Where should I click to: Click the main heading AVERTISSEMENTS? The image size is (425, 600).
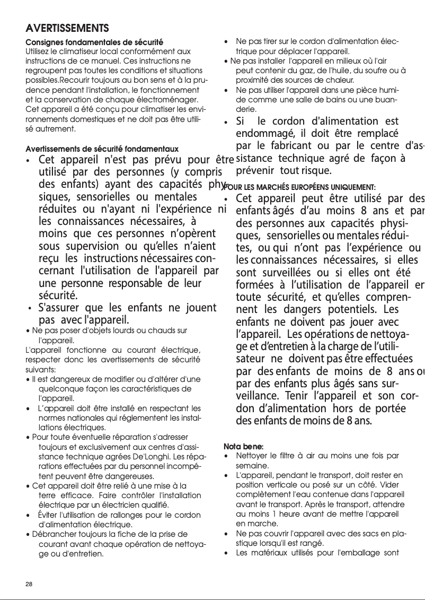pyautogui.click(x=67, y=28)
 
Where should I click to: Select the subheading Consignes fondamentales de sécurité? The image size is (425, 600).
pyautogui.click(x=94, y=42)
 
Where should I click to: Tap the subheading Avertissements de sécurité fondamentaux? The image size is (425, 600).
pyautogui.click(x=102, y=149)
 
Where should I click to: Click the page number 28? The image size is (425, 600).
pyautogui.click(x=30, y=584)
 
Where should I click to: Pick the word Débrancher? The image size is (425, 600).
pyautogui.click(x=53, y=534)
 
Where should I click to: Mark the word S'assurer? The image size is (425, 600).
pyautogui.click(x=58, y=308)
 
